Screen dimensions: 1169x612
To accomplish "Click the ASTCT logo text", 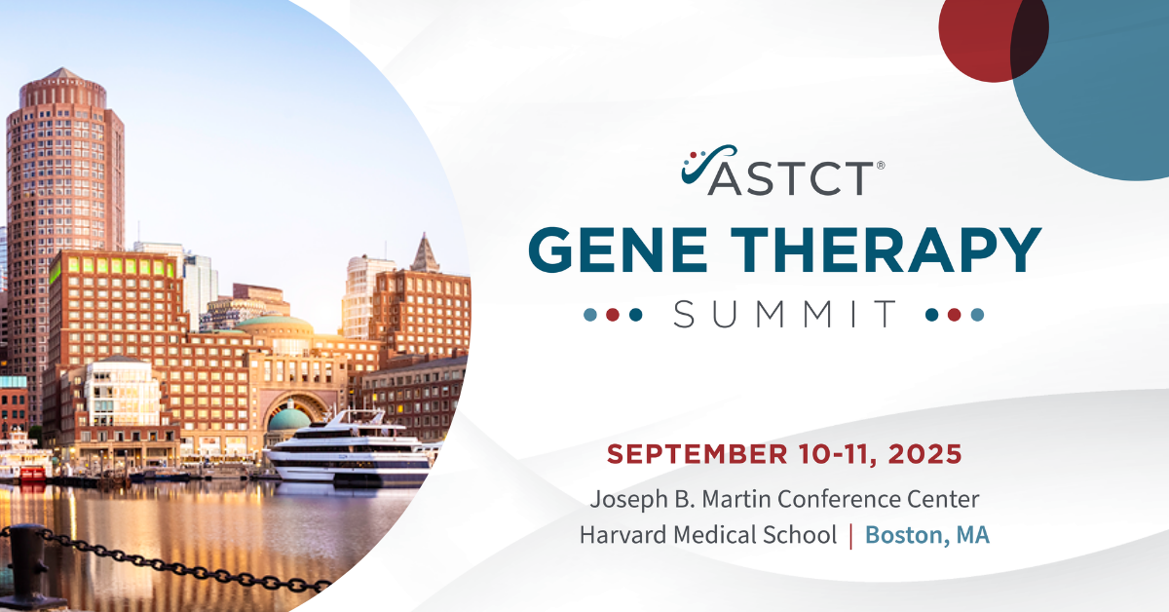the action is (791, 177).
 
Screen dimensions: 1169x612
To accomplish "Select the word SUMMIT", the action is (785, 314).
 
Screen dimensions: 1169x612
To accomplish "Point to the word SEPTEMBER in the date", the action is (698, 454).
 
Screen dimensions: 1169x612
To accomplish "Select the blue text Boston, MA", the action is (927, 535).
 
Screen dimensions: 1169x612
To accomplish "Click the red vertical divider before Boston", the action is (851, 536).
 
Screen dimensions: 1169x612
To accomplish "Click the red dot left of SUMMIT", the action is (613, 315).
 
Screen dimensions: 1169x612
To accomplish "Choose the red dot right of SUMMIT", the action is (954, 315).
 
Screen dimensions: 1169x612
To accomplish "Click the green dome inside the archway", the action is (288, 419).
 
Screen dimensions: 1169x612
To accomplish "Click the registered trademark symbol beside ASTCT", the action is (881, 165).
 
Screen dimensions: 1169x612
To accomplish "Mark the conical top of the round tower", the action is (62, 74).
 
